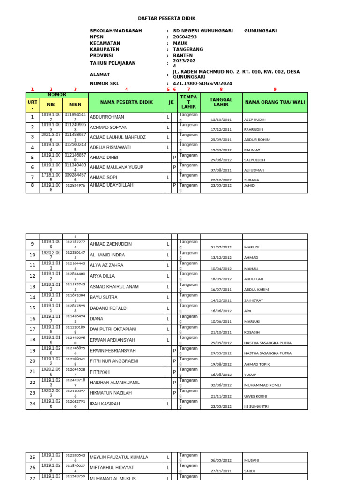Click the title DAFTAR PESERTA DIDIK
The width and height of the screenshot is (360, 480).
[166, 18]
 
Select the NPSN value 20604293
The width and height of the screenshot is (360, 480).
[185, 37]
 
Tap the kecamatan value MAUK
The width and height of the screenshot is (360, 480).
[180, 43]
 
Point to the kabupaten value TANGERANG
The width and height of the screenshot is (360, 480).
[188, 49]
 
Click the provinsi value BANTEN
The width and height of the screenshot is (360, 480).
[183, 55]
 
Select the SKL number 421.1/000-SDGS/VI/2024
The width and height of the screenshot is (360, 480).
[202, 84]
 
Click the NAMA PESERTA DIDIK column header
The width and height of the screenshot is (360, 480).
[126, 102]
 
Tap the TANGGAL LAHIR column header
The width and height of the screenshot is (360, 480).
[221, 102]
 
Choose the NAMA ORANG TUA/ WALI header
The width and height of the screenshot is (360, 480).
[275, 102]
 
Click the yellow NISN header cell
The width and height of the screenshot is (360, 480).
[75, 105]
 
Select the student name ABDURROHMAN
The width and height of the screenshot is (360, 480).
[107, 117]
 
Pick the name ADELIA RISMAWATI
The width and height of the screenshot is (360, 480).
[110, 147]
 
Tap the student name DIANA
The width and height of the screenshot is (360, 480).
[96, 319]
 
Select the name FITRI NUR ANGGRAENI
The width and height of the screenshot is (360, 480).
[114, 361]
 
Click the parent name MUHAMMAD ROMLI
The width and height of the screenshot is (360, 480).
[262, 385]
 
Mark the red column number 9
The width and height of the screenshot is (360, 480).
[275, 90]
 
